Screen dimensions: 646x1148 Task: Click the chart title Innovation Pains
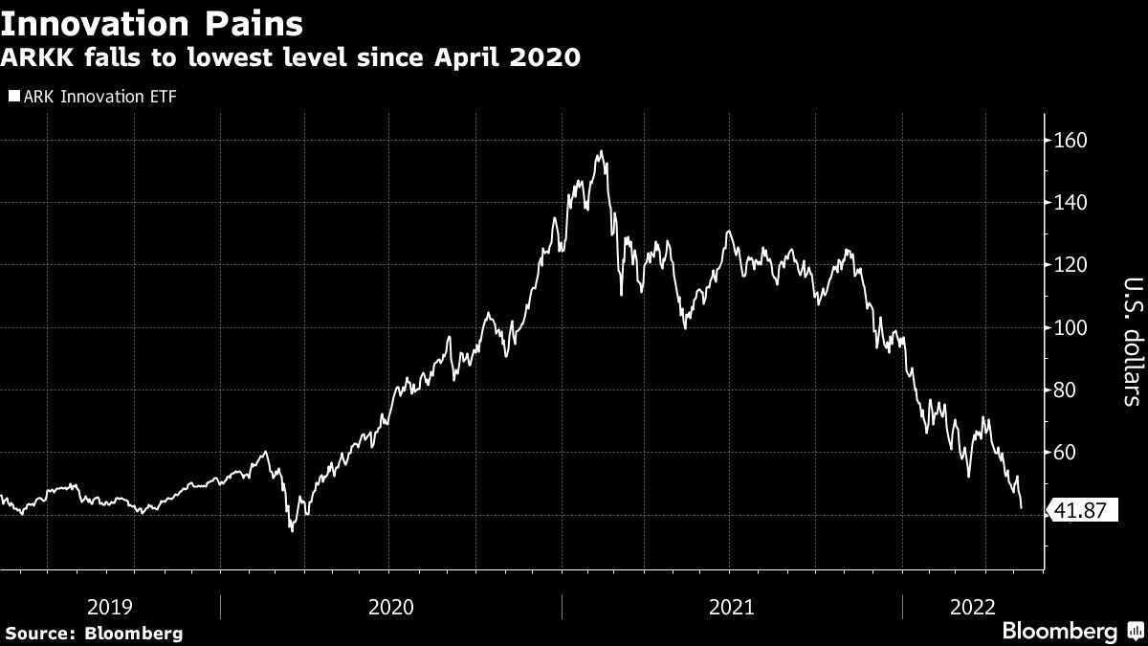pyautogui.click(x=152, y=22)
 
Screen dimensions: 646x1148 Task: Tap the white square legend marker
pyautogui.click(x=12, y=96)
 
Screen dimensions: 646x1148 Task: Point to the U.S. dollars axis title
pyautogui.click(x=1131, y=342)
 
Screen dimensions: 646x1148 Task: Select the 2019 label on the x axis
pyautogui.click(x=109, y=606)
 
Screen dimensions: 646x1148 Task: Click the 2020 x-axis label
pyautogui.click(x=390, y=606)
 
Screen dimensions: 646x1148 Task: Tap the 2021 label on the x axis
pyautogui.click(x=732, y=606)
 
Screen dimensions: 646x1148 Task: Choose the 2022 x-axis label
pyautogui.click(x=973, y=606)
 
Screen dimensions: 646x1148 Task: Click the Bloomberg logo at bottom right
pyautogui.click(x=1071, y=632)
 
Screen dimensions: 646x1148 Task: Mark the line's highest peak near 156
pyautogui.click(x=600, y=151)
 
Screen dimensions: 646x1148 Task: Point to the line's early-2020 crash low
pyautogui.click(x=292, y=530)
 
